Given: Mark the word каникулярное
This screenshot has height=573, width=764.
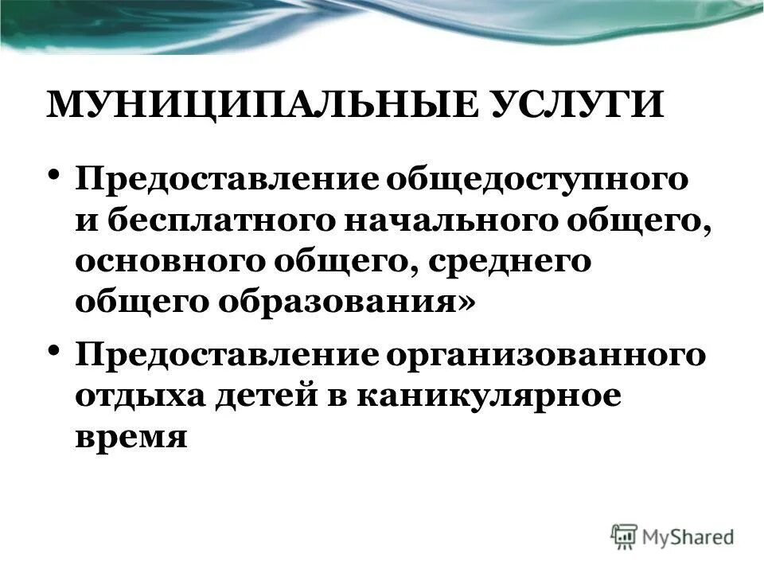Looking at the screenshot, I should [x=488, y=396].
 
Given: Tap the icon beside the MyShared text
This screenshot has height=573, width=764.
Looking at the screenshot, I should [x=626, y=536].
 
